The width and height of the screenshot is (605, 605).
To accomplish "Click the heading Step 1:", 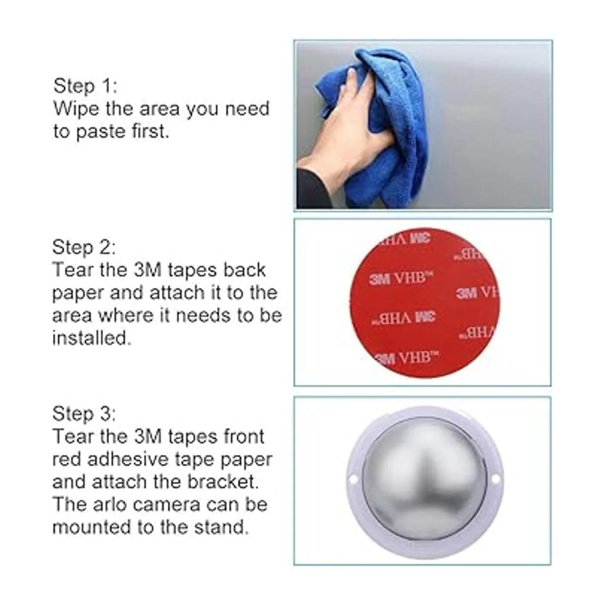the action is pos(85,86).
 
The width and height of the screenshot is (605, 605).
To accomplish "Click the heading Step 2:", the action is pos(84,247).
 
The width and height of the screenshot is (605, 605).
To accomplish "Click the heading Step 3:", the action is pos(84,413).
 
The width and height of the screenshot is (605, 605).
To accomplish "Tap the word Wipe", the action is pos(76,108).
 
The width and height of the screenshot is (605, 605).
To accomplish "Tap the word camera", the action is pos(167,506).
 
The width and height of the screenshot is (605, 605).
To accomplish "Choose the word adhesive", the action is pos(128,459).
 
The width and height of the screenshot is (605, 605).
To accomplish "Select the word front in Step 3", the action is pos(244,437).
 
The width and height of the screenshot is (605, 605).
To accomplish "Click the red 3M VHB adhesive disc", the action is pos(425,303).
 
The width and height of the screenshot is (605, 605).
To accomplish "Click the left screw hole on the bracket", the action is pos(353,479).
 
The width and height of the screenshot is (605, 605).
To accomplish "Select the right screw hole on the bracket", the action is pos(496,479).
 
